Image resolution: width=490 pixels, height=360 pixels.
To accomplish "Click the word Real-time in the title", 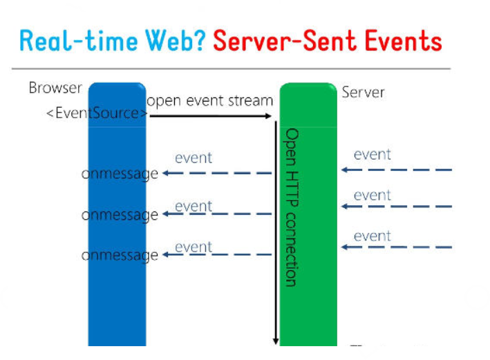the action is (78, 41).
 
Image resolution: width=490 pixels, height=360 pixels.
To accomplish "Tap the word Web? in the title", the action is (176, 41).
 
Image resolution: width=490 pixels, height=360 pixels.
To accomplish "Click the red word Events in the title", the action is (404, 41).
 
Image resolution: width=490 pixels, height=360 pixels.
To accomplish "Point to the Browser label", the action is (55, 88).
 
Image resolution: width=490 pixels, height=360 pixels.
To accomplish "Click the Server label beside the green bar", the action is (363, 93).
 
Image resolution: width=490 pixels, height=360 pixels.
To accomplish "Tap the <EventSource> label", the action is (97, 113).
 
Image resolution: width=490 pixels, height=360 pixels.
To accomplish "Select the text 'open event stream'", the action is (209, 101).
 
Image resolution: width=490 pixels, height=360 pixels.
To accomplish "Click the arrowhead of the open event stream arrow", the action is (268, 116).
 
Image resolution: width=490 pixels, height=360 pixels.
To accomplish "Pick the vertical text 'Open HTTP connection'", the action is (291, 207).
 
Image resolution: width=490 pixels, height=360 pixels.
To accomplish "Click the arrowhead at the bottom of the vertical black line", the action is (276, 341).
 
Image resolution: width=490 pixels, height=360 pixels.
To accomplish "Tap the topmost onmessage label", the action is (120, 173).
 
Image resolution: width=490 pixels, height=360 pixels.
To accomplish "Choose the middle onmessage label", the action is (120, 215).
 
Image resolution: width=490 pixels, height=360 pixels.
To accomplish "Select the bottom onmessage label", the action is (120, 256).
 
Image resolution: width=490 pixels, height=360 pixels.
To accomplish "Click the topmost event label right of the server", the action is (373, 154).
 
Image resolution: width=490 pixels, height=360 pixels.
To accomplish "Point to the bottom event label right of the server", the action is (373, 236).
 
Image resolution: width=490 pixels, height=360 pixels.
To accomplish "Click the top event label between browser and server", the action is (194, 158).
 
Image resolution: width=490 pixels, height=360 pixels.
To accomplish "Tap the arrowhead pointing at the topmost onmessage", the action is (166, 173).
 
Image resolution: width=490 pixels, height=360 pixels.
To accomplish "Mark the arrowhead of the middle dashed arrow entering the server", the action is (345, 206).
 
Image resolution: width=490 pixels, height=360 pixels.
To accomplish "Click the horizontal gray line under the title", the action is (232, 68).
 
